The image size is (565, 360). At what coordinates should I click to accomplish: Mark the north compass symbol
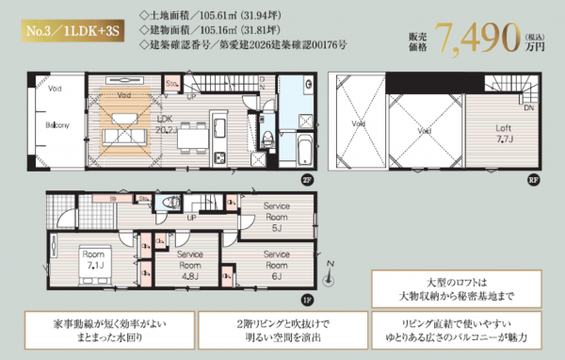pyautogui.click(x=328, y=279)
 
